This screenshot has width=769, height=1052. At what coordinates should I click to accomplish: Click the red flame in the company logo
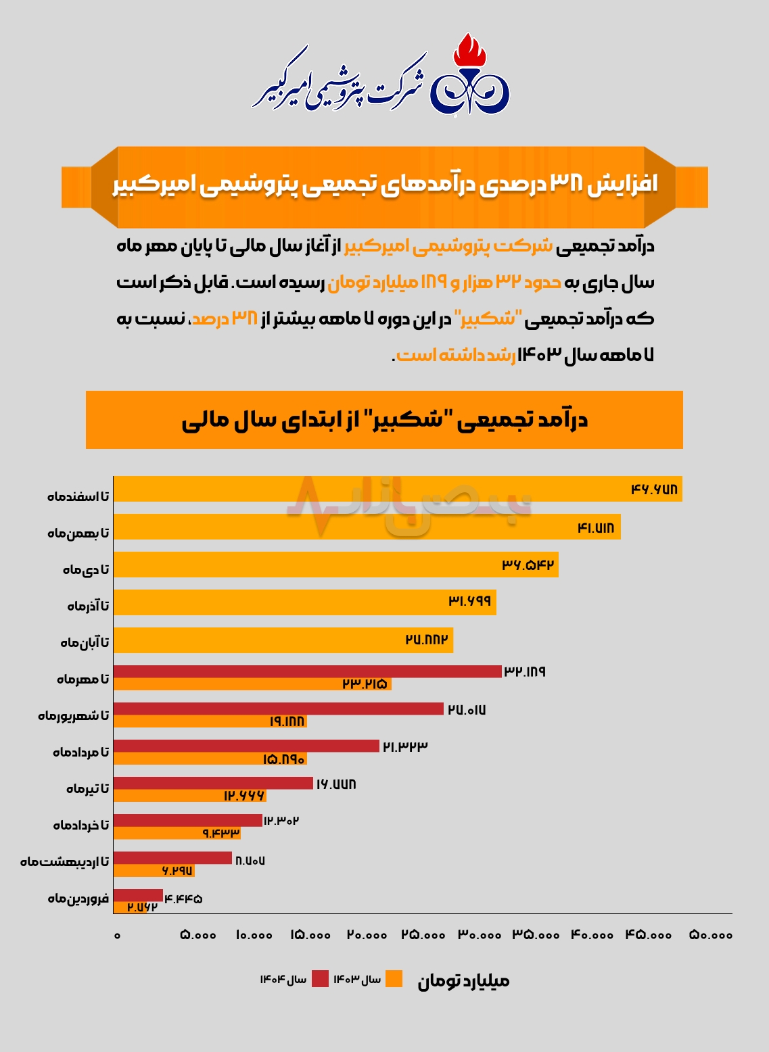pyautogui.click(x=470, y=50)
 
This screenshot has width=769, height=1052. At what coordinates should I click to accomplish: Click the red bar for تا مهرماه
pyautogui.click(x=307, y=671)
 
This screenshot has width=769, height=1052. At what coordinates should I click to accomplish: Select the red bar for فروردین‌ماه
pyautogui.click(x=138, y=895)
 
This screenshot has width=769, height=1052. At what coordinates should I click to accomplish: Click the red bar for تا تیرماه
pyautogui.click(x=213, y=783)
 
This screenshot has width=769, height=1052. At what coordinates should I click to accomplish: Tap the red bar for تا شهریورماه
pyautogui.click(x=278, y=709)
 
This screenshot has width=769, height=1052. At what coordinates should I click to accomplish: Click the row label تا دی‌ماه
pyautogui.click(x=86, y=569)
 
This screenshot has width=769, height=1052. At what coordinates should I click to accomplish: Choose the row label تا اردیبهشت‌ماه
pyautogui.click(x=64, y=861)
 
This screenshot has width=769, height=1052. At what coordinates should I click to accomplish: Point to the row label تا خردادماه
pyautogui.click(x=81, y=824)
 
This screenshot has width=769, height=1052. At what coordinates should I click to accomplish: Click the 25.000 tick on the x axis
pyautogui.click(x=423, y=935)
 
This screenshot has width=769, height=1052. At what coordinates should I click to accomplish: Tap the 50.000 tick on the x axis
pyautogui.click(x=711, y=935)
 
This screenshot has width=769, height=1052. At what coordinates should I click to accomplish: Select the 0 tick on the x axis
pyautogui.click(x=117, y=935)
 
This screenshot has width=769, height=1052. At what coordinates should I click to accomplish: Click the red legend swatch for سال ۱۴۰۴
pyautogui.click(x=320, y=979)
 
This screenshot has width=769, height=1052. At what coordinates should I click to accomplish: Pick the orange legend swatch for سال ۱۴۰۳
pyautogui.click(x=394, y=979)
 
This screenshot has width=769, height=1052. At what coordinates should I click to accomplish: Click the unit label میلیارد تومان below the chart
pyautogui.click(x=463, y=981)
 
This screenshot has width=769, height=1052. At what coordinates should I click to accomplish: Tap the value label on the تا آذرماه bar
pyautogui.click(x=470, y=600)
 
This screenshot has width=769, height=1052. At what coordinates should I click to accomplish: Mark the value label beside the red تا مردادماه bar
pyautogui.click(x=405, y=746)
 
